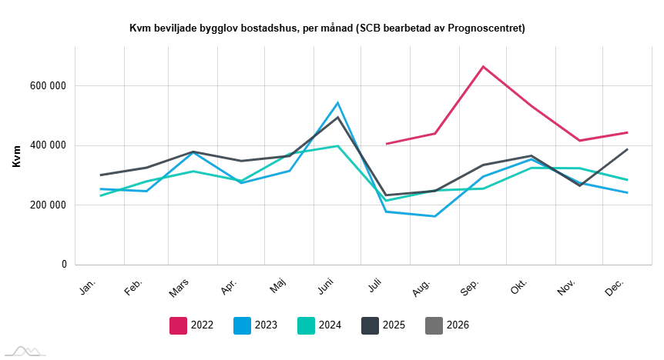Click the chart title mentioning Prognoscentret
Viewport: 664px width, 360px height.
click(x=327, y=28)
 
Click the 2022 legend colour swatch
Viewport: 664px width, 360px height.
click(x=179, y=325)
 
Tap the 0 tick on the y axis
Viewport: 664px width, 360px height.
click(x=64, y=265)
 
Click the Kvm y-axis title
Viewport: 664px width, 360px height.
click(x=16, y=155)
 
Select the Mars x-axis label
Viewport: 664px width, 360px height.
click(x=181, y=288)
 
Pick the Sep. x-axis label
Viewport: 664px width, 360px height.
click(x=470, y=287)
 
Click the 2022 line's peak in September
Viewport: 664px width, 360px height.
click(x=483, y=66)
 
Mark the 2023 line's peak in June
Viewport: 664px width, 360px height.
click(x=337, y=102)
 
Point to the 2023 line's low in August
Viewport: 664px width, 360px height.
click(x=435, y=216)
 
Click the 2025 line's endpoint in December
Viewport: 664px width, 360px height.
click(x=628, y=149)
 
